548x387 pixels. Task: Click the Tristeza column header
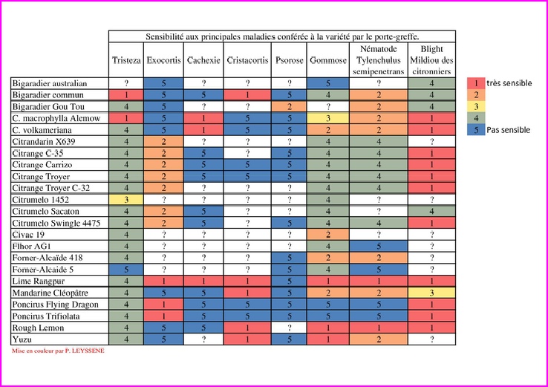(x=126, y=59)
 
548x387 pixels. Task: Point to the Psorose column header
(x=289, y=59)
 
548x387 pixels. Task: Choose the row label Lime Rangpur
(x=39, y=282)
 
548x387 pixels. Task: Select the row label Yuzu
(x=24, y=339)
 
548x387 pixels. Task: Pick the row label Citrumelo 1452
(x=42, y=200)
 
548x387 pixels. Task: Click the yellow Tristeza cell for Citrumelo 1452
(x=126, y=200)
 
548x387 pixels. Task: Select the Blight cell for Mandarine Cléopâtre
(x=431, y=293)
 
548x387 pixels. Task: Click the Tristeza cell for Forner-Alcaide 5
(x=126, y=270)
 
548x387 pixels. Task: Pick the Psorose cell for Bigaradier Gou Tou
(x=289, y=106)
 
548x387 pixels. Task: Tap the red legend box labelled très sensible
(x=475, y=83)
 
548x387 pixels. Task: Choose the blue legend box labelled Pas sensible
(x=475, y=130)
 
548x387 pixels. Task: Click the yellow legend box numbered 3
(x=475, y=106)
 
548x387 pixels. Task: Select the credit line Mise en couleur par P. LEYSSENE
(x=59, y=351)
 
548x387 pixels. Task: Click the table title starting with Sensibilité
(x=282, y=36)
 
